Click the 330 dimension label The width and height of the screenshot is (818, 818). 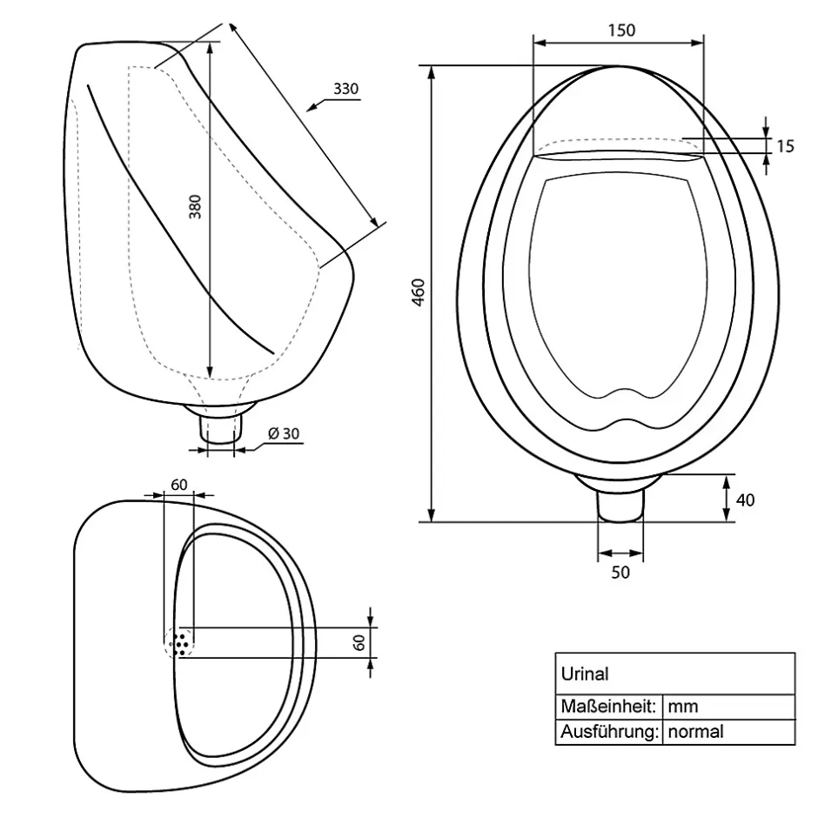pyautogui.click(x=345, y=89)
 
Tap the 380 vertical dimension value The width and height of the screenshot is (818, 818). pyautogui.click(x=195, y=206)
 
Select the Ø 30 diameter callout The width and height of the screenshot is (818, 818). pyautogui.click(x=284, y=433)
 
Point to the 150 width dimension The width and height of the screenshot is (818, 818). pyautogui.click(x=621, y=30)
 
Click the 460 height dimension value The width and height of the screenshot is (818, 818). pyautogui.click(x=419, y=292)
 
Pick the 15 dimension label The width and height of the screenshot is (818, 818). pyautogui.click(x=785, y=146)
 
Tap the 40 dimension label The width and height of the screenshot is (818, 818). pyautogui.click(x=745, y=500)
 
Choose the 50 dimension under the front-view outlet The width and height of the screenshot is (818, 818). pyautogui.click(x=620, y=573)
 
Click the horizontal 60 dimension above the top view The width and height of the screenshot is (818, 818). pyautogui.click(x=179, y=485)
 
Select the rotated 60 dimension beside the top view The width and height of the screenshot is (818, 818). pyautogui.click(x=359, y=642)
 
